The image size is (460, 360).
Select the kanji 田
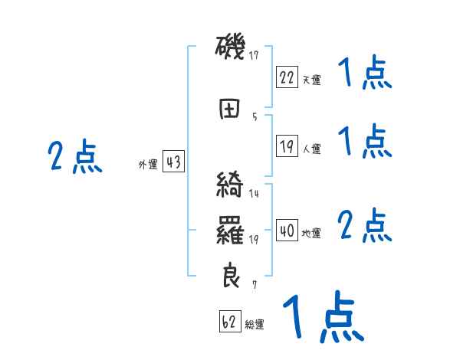[230, 110]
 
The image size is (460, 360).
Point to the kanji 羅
[230, 231]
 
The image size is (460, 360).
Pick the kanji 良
[230, 276]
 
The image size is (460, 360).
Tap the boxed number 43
[173, 162]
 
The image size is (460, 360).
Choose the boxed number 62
[229, 322]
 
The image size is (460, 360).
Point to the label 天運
[311, 79]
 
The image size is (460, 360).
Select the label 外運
[148, 164]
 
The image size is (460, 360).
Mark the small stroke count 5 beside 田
[255, 117]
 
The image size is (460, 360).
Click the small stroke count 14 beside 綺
[255, 194]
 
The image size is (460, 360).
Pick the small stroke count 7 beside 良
[255, 284]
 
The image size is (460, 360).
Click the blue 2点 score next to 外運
[74, 157]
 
